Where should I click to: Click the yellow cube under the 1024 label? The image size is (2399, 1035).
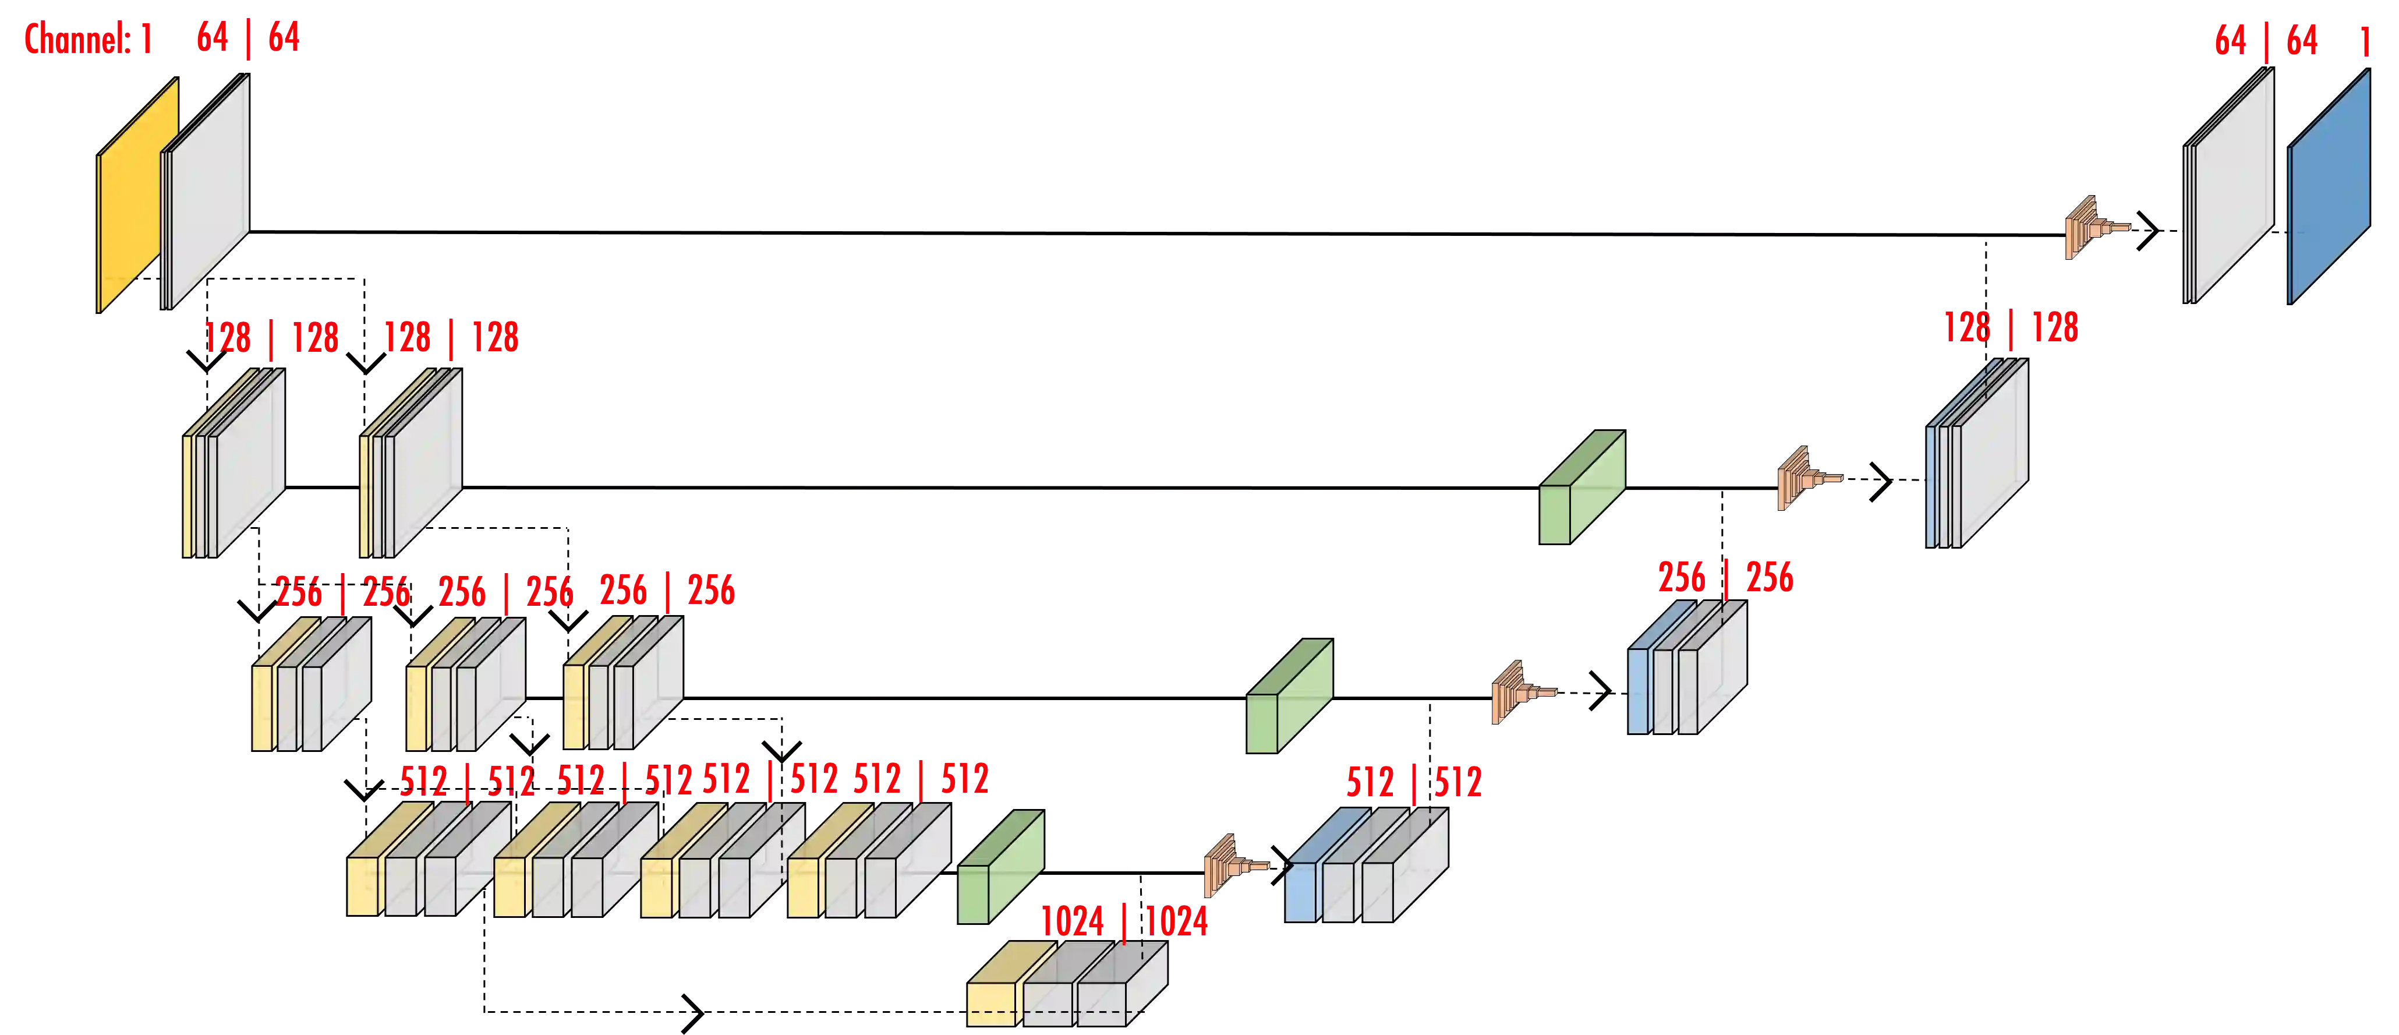click(x=992, y=1001)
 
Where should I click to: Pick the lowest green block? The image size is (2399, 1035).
click(x=999, y=868)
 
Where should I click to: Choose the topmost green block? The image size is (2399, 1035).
click(x=1580, y=488)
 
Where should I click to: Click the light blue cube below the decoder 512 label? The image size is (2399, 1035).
click(x=1300, y=892)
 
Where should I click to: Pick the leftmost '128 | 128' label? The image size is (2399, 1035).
click(x=271, y=337)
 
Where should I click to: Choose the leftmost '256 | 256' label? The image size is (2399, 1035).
click(x=342, y=592)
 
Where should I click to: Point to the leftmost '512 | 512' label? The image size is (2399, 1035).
click(x=466, y=780)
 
